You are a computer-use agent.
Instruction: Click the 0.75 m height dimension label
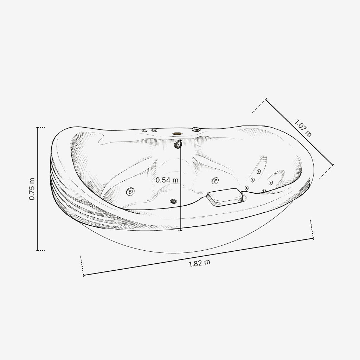pyautogui.click(x=32, y=189)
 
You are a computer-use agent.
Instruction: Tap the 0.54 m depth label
pyautogui.click(x=167, y=180)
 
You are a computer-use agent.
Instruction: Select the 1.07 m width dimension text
pyautogui.click(x=303, y=128)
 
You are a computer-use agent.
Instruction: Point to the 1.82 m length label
pyautogui.click(x=199, y=263)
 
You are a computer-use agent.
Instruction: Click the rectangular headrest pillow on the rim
pyautogui.click(x=225, y=197)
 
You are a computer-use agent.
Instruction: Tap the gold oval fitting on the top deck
pyautogui.click(x=177, y=133)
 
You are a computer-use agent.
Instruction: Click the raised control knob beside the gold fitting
pyautogui.click(x=196, y=129)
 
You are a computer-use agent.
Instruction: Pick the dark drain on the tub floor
pyautogui.click(x=173, y=201)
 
